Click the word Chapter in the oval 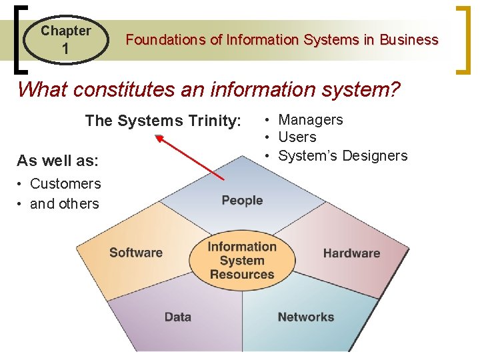pos(65,31)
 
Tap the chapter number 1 pos(65,49)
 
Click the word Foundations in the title pos(165,40)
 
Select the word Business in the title pos(409,40)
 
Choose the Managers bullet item pos(310,120)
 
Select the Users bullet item pos(297,137)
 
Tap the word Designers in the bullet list pos(377,156)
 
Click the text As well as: pos(57,161)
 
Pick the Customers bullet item pos(65,184)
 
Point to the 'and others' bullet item pos(64,204)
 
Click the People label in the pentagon pos(242,201)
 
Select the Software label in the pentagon pos(136,253)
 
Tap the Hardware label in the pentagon pos(351,253)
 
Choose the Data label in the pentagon pos(178,317)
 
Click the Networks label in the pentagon pos(306,317)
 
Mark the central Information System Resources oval pos(242,260)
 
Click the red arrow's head pos(159,137)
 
